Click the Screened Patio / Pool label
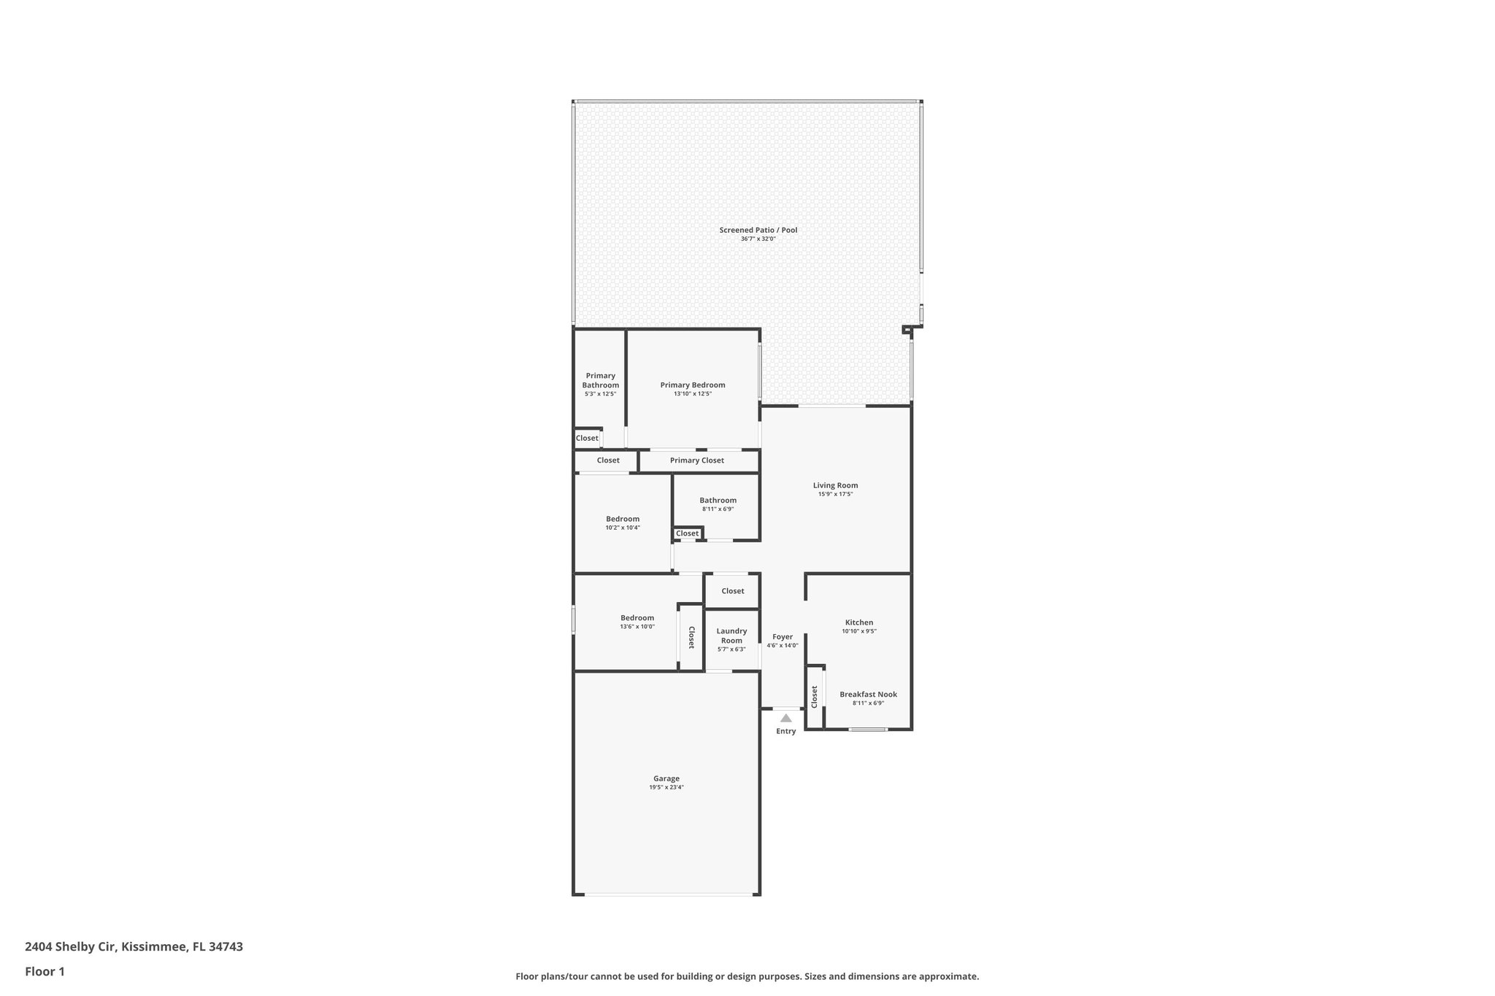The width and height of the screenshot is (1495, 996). [758, 230]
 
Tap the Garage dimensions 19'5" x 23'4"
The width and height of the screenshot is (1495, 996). [666, 787]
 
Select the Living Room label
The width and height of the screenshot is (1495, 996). [835, 485]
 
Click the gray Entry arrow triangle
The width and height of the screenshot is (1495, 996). [785, 718]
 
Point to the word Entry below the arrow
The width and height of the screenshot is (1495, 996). [785, 731]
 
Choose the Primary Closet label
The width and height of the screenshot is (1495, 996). [696, 460]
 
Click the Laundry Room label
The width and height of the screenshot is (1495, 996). [731, 636]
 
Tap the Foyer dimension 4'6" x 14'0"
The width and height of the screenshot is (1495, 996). [782, 646]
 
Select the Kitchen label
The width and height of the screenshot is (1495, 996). [858, 622]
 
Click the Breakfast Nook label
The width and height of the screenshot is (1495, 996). [868, 695]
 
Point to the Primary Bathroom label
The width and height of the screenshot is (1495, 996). [600, 380]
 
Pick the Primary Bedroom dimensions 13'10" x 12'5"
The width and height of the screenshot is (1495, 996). [692, 394]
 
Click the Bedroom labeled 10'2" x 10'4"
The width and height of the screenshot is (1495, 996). [622, 519]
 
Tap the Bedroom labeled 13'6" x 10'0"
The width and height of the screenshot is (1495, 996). [637, 618]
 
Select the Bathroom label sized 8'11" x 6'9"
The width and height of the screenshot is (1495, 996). [718, 501]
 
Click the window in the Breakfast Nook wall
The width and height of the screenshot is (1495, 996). [868, 729]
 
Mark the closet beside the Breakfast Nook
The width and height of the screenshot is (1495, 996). [814, 697]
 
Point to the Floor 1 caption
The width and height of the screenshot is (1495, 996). [45, 971]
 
